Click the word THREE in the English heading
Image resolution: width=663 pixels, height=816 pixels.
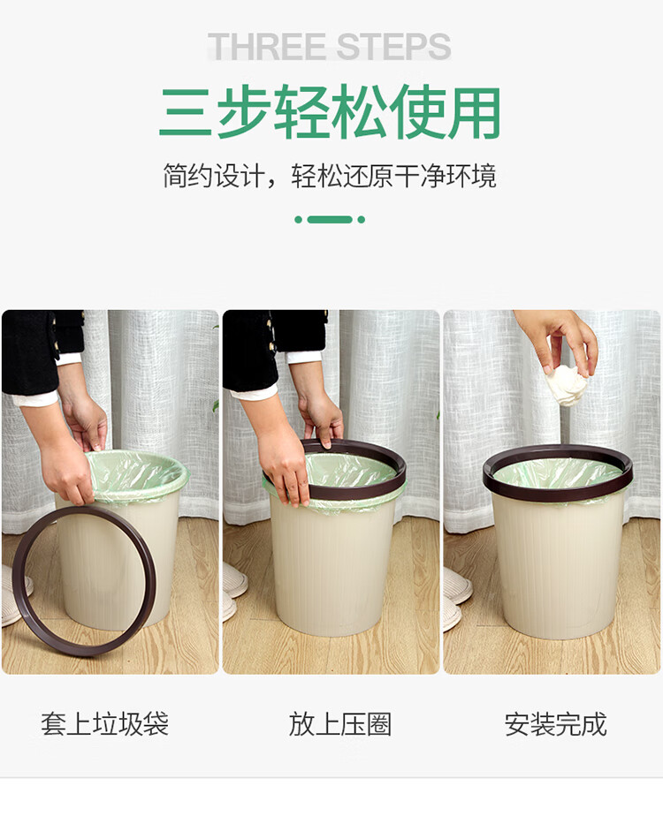(x=267, y=46)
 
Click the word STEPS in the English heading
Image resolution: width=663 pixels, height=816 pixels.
(x=393, y=46)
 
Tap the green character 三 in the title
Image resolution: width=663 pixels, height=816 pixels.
(x=186, y=113)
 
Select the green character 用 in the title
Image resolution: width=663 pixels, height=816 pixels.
(x=474, y=113)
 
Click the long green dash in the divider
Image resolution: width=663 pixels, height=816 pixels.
(x=330, y=220)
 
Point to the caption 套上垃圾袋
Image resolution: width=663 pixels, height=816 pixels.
(x=104, y=724)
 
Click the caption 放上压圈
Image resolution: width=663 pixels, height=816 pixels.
(x=340, y=724)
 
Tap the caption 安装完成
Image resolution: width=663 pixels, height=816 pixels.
(x=555, y=724)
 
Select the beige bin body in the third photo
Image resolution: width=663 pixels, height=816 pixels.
(x=559, y=567)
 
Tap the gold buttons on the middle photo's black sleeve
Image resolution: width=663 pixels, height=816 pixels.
(x=270, y=334)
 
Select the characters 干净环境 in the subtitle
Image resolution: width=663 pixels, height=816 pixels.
(x=446, y=176)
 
